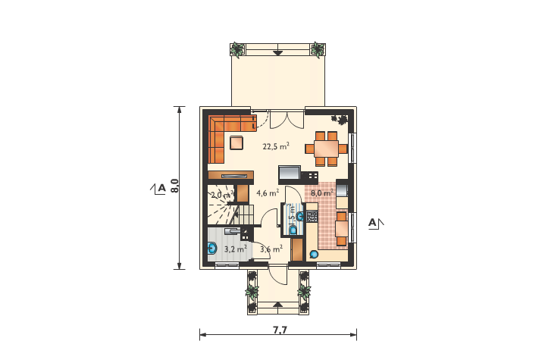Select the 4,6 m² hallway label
point(268,193)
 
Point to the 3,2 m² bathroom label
point(235,248)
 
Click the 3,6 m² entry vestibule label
point(271,248)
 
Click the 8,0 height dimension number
point(174,187)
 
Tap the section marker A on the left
point(161,187)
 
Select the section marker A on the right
point(373,222)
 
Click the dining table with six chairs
point(327,148)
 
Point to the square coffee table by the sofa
point(237,142)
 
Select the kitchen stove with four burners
point(312,215)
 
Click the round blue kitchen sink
point(315,255)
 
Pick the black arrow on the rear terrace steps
point(277,54)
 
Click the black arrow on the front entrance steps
point(277,305)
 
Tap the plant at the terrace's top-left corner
point(238,51)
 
